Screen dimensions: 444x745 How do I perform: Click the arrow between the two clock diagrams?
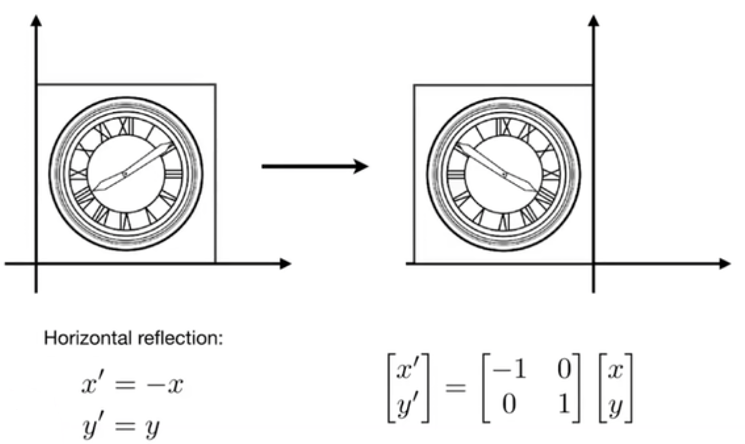(315, 166)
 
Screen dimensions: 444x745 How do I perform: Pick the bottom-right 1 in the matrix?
(563, 404)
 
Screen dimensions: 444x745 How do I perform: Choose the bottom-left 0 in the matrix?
(509, 404)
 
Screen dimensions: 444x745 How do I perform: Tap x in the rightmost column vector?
(615, 370)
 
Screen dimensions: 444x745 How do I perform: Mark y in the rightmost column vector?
(615, 406)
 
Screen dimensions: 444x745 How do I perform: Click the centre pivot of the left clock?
(125, 174)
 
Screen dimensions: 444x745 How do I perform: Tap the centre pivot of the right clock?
(504, 174)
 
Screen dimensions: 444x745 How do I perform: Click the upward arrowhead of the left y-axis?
(36, 20)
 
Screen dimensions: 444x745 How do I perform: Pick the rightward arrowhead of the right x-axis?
(726, 264)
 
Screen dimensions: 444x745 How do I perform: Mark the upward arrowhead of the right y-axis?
(593, 20)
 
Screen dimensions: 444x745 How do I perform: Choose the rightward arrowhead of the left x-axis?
(286, 264)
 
